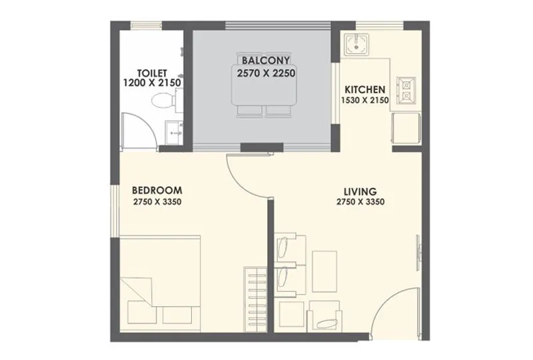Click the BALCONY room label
pyautogui.click(x=266, y=59)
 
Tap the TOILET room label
pyautogui.click(x=152, y=73)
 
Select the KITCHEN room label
pyautogui.click(x=364, y=89)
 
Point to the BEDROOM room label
pyautogui.click(x=157, y=190)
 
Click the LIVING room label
pyautogui.click(x=360, y=190)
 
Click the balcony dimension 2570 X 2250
pyautogui.click(x=266, y=73)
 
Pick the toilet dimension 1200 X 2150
pyautogui.click(x=153, y=83)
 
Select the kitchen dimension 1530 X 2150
pyautogui.click(x=364, y=101)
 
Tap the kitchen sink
pyautogui.click(x=355, y=45)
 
